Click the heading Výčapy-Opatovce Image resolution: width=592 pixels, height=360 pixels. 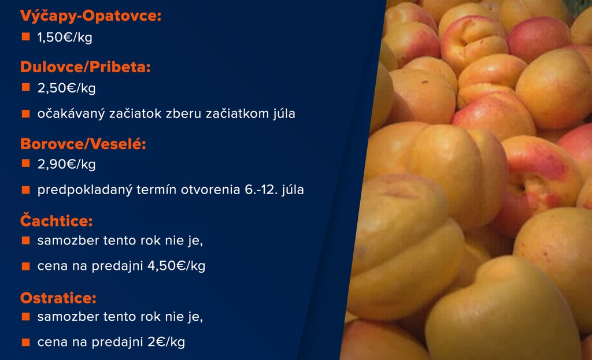click(91, 16)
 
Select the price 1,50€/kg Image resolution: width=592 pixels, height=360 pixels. click(65, 38)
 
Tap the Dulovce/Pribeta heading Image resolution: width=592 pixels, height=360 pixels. click(86, 67)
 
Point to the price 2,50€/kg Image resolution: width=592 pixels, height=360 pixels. click(66, 88)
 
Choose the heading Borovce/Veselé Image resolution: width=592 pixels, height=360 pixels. click(83, 144)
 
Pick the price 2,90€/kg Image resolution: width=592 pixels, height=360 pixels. click(66, 164)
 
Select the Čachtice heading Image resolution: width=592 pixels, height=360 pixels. click(57, 220)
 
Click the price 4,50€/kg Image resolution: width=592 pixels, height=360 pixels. click(176, 266)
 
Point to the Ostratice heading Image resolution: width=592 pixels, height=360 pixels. click(58, 298)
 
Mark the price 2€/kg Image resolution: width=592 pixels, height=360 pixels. click(166, 342)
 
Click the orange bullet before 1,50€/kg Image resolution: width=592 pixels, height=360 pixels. click(25, 36)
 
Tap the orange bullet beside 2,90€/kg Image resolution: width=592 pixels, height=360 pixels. click(25, 164)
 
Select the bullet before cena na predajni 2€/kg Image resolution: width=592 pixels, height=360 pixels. click(25, 342)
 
